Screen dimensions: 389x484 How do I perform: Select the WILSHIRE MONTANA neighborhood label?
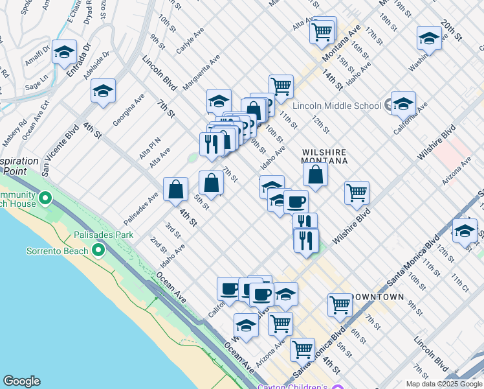click(324, 156)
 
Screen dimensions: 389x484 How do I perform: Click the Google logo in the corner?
click(21, 381)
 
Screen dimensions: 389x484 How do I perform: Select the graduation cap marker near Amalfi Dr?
click(64, 52)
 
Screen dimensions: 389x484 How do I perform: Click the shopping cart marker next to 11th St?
click(281, 86)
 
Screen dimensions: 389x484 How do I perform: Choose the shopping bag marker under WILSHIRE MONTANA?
click(315, 173)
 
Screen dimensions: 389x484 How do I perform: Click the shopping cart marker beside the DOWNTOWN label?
click(340, 304)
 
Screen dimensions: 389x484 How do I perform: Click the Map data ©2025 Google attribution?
click(443, 384)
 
